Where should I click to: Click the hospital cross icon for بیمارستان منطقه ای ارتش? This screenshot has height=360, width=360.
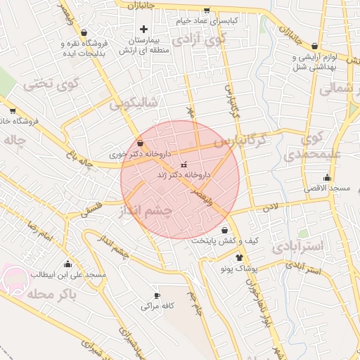click(144, 30)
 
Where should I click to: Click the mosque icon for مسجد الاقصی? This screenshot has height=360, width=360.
click(327, 177)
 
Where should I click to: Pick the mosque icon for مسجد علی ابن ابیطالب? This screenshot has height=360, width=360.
click(67, 264)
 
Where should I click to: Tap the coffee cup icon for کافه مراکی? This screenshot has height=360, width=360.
click(157, 295)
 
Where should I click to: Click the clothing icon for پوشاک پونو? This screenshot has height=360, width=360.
click(240, 257)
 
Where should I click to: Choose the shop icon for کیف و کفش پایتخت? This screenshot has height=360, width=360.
click(224, 230)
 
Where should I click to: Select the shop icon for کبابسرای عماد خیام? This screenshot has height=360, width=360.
click(206, 11)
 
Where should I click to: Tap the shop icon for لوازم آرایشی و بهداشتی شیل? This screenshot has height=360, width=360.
click(314, 46)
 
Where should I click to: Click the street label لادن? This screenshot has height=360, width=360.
click(271, 207)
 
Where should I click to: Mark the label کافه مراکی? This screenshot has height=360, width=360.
click(157, 307)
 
